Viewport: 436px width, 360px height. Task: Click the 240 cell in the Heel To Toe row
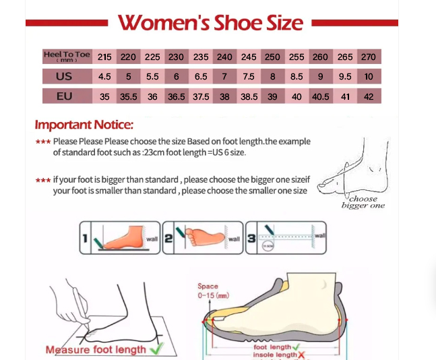[x=224, y=57]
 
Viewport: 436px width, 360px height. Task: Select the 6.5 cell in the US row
[x=201, y=76]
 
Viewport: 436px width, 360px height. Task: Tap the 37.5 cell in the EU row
[x=201, y=96]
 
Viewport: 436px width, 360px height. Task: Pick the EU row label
[x=64, y=96]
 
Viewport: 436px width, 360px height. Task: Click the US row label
[x=64, y=76]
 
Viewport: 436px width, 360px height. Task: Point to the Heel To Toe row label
[x=67, y=57]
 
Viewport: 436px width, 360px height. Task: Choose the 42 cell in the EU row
[x=369, y=96]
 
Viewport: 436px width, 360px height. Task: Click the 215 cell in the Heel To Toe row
[x=104, y=57]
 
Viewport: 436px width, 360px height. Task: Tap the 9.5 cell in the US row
[x=345, y=76]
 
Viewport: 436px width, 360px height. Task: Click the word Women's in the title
[x=164, y=22]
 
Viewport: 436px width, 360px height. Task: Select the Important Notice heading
[x=84, y=125]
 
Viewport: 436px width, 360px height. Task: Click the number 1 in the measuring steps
[x=85, y=238]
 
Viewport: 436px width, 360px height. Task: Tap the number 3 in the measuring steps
[x=251, y=239]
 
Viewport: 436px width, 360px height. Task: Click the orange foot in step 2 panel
[x=205, y=237]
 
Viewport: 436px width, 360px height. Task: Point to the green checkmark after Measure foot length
[x=156, y=349]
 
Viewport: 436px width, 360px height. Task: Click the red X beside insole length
[x=301, y=355]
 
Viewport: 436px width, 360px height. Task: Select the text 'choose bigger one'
[x=363, y=202]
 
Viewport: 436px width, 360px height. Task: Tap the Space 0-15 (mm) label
[x=213, y=291]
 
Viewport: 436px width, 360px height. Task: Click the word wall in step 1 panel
[x=152, y=239]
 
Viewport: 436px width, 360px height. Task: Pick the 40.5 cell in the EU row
[x=321, y=96]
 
